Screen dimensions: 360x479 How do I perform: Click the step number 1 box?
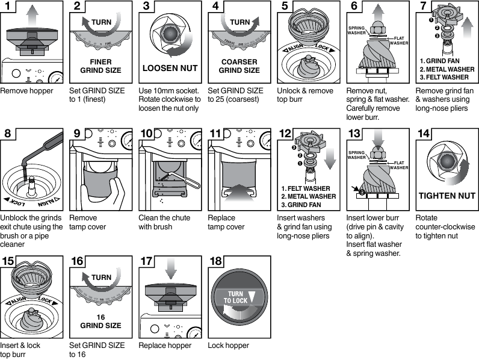tap(9, 8)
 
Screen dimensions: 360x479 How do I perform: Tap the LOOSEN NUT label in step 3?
tap(170, 67)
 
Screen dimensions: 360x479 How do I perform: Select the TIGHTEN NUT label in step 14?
tap(447, 196)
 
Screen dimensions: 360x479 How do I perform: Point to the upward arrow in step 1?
tap(32, 13)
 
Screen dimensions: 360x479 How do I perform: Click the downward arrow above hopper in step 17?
tap(171, 268)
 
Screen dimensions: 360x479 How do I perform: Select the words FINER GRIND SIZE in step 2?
tap(100, 66)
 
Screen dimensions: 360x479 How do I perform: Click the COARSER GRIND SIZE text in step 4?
tap(239, 66)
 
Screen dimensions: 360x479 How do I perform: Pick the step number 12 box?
tap(285, 134)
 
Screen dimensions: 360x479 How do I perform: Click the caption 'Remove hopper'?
tap(26, 91)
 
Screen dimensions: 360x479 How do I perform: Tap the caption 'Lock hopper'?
tap(228, 346)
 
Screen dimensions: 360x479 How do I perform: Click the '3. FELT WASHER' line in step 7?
tap(444, 77)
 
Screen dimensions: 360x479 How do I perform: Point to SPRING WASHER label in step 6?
tap(357, 31)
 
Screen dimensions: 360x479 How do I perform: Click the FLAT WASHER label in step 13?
tap(398, 166)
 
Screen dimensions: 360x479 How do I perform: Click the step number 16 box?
tap(78, 262)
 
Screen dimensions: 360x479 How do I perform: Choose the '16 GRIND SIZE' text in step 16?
tap(100, 321)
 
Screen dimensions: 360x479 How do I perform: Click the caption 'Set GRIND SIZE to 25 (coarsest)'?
tap(235, 95)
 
